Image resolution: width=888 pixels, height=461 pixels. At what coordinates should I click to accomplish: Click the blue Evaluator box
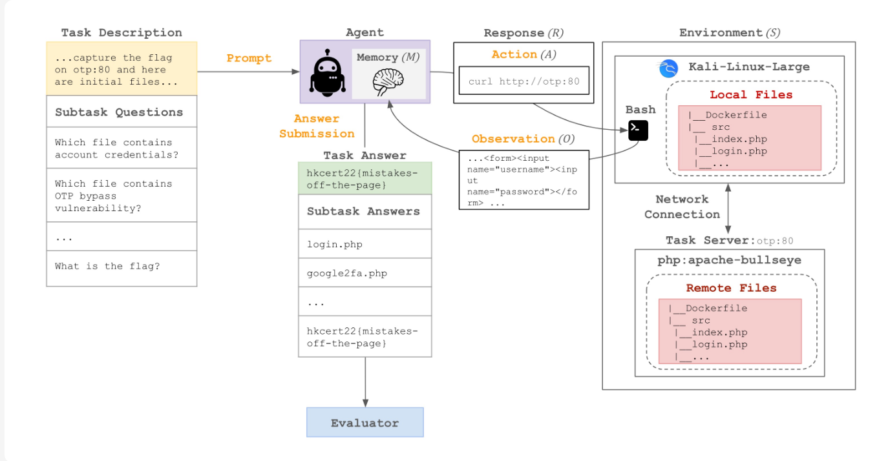365,422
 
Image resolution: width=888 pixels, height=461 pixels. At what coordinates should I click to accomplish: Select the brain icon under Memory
388,82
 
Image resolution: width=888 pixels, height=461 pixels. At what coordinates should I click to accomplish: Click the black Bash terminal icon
638,130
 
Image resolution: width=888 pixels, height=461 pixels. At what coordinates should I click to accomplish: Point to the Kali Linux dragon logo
668,68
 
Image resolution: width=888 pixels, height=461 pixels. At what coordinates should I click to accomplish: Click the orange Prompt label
249,58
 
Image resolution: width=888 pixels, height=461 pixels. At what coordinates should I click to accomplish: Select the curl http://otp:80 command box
523,82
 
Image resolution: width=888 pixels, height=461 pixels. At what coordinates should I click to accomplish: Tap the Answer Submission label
317,126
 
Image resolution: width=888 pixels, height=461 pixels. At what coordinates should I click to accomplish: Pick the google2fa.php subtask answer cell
365,273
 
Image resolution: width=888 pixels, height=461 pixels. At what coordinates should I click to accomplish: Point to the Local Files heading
751,95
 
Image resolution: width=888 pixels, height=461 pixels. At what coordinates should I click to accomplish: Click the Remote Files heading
731,288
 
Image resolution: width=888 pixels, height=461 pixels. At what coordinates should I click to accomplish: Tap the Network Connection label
682,207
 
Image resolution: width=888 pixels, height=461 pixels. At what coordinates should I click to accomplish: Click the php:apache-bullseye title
729,261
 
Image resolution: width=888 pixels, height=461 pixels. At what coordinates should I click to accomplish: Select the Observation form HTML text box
523,180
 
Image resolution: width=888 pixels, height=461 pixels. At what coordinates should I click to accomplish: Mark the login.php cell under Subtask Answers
365,244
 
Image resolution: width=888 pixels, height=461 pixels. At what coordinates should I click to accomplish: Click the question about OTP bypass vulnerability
122,196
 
